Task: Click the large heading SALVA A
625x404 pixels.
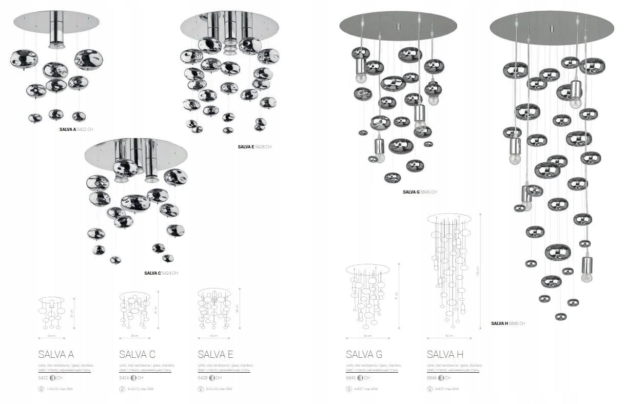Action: point(56,354)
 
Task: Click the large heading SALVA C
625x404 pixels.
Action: point(137,354)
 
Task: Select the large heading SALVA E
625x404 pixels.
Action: point(216,354)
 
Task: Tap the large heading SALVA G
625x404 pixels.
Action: point(364,354)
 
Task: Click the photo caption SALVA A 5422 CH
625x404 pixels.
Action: point(76,129)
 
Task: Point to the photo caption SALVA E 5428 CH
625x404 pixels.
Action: point(255,147)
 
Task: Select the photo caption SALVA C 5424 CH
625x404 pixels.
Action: point(161,273)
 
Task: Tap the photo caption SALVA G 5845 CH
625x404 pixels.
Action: point(420,192)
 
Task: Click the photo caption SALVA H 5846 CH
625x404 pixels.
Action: point(508,323)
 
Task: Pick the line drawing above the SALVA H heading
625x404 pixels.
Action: point(450,270)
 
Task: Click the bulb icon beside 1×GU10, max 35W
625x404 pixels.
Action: point(42,389)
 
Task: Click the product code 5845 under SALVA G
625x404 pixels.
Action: point(351,378)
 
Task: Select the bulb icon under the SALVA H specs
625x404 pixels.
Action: point(430,389)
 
